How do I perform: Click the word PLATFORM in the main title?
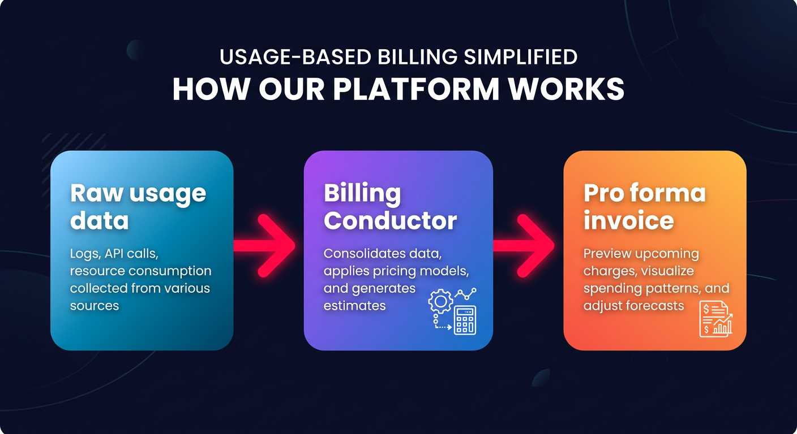point(425,89)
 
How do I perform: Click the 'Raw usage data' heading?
point(138,207)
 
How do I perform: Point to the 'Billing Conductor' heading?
point(390,207)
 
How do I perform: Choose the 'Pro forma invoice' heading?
point(644,207)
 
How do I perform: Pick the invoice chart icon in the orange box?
point(715,319)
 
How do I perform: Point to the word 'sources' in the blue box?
point(95,306)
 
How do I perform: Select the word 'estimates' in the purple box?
point(354,306)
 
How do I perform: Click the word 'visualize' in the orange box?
point(668,271)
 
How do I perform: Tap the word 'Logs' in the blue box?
point(83,254)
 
